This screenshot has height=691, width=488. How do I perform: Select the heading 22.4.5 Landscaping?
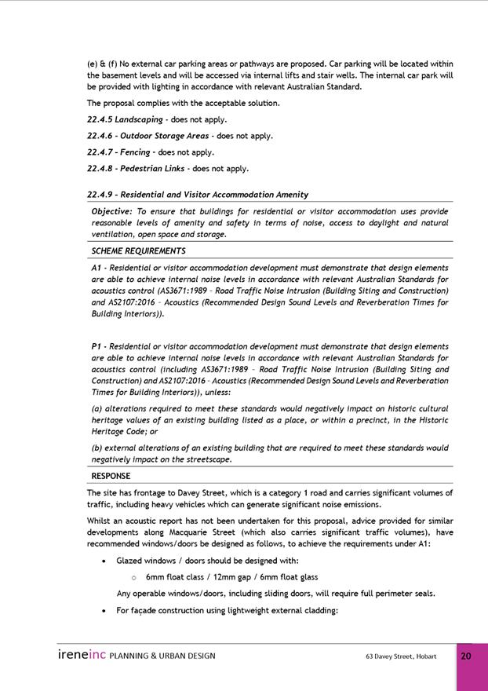[x=125, y=119]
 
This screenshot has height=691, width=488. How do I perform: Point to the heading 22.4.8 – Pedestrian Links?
[x=138, y=168]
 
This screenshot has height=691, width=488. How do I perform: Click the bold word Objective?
[x=112, y=211]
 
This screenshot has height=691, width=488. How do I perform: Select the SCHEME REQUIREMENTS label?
[x=138, y=251]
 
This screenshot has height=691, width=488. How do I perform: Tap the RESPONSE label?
[x=111, y=476]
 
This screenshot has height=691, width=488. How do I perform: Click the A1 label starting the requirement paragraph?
[x=97, y=268]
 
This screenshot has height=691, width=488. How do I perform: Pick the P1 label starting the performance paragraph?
[x=97, y=346]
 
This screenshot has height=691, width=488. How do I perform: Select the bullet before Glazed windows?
[x=104, y=561]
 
